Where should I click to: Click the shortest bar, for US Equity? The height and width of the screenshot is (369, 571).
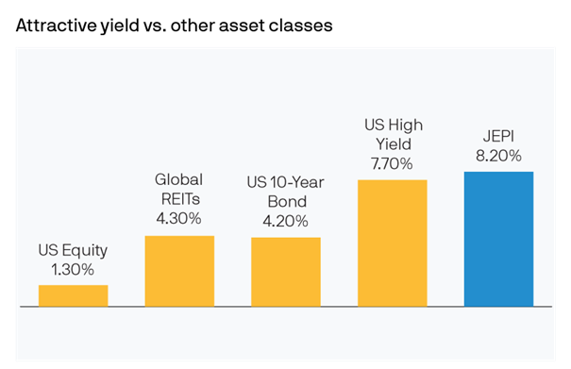[x=73, y=295]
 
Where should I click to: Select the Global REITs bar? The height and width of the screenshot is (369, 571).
[x=179, y=271]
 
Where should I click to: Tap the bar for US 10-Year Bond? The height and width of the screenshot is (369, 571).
[x=286, y=272]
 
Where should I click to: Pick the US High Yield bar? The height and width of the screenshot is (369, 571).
[x=393, y=243]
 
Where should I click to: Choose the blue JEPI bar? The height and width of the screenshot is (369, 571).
[x=498, y=239]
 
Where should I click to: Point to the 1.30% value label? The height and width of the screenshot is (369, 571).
[x=73, y=270]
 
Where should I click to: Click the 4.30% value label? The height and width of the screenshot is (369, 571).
[x=179, y=219]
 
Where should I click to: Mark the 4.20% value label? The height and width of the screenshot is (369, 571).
[x=286, y=221]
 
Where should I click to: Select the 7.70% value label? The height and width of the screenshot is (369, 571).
[x=393, y=162]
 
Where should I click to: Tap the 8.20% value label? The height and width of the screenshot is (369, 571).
[x=498, y=156]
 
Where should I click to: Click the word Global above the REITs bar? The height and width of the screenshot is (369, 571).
[x=179, y=180]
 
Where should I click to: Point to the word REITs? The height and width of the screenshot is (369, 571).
[x=179, y=200]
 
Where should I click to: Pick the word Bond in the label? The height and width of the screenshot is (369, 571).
[x=286, y=202]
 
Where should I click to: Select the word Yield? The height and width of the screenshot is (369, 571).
[x=393, y=143]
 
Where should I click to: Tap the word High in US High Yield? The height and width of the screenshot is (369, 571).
[x=407, y=125]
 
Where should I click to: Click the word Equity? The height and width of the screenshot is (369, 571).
[x=85, y=251]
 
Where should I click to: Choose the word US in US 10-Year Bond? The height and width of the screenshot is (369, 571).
[x=259, y=182]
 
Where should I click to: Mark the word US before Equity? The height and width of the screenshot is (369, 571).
[x=48, y=251]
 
